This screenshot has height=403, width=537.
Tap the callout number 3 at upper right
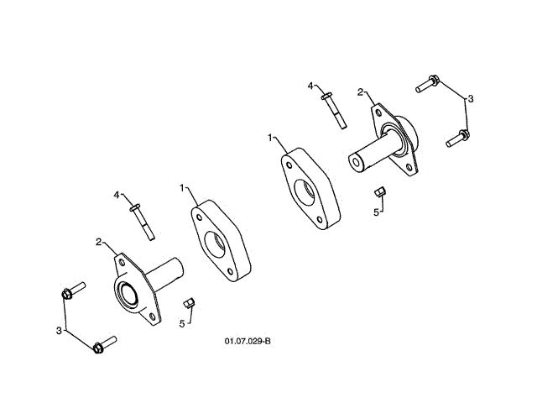pos(471,99)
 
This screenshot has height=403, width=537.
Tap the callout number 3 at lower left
pos(60,331)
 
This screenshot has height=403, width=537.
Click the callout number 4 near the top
pos(310,86)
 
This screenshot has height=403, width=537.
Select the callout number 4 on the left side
pos(117,195)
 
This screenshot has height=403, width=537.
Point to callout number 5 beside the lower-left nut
pos(181,322)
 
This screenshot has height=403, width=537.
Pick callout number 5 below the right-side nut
pos(376,212)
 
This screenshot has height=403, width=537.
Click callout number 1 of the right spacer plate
pos(271,136)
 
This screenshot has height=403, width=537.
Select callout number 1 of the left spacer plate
pos(182,187)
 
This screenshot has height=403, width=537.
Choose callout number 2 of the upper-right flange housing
pos(360,92)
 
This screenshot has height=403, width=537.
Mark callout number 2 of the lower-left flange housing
pos(98,242)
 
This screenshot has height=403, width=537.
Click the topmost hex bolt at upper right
pos(428,82)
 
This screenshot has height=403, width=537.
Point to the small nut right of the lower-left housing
pos(190,302)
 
